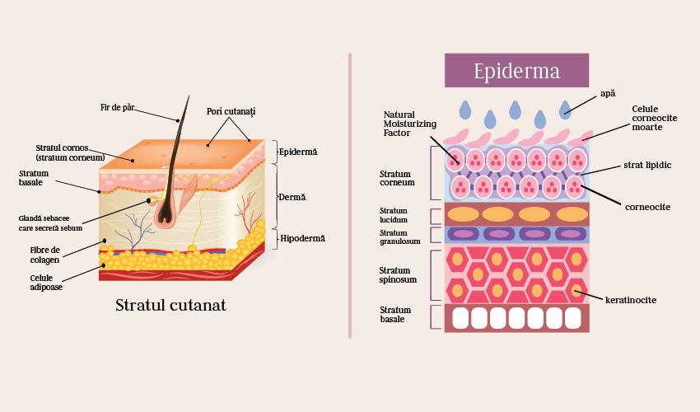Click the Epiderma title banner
pyautogui.click(x=516, y=71)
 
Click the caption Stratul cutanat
pyautogui.click(x=170, y=305)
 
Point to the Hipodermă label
pyautogui.click(x=302, y=238)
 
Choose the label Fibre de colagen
pyautogui.click(x=45, y=255)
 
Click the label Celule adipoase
pyautogui.click(x=46, y=283)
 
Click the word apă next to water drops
pyautogui.click(x=608, y=95)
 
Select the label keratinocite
pyautogui.click(x=630, y=300)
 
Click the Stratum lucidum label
pyautogui.click(x=394, y=215)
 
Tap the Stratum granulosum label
pyautogui.click(x=399, y=237)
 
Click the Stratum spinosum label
pyautogui.click(x=398, y=274)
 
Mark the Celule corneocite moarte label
pyautogui.click(x=655, y=118)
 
